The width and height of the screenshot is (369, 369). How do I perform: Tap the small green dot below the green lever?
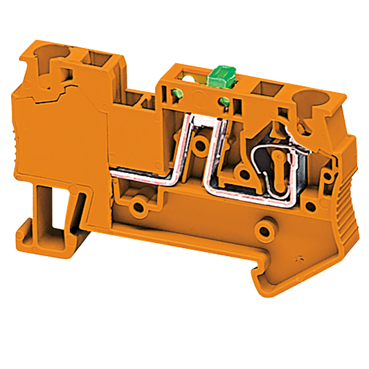point(223,104)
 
